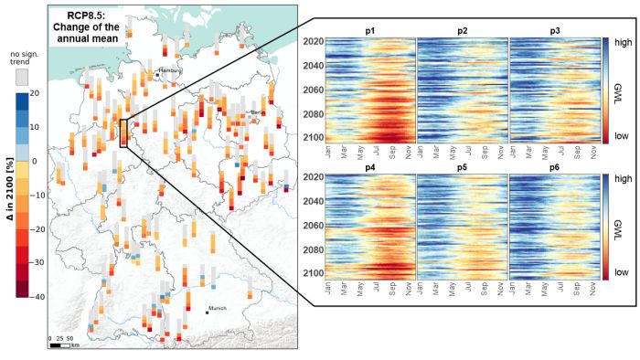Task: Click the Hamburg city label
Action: click(171, 69)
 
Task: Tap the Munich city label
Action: click(218, 310)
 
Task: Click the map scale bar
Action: click(60, 345)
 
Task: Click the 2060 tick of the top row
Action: click(313, 90)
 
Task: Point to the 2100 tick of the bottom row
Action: click(313, 273)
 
